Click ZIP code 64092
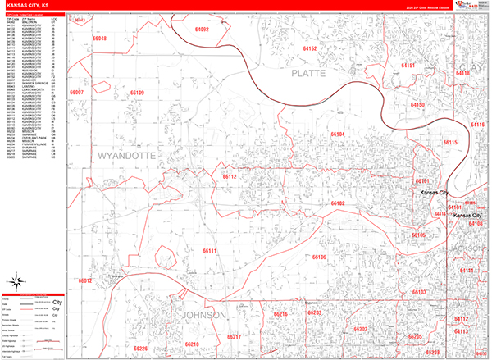click(203, 30)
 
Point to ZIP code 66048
click(100, 39)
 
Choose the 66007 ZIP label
click(78, 93)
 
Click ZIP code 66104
click(338, 134)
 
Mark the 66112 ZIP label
click(230, 176)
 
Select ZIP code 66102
click(338, 203)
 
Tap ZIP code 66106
click(319, 257)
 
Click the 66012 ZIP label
click(85, 280)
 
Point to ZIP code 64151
click(408, 65)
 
